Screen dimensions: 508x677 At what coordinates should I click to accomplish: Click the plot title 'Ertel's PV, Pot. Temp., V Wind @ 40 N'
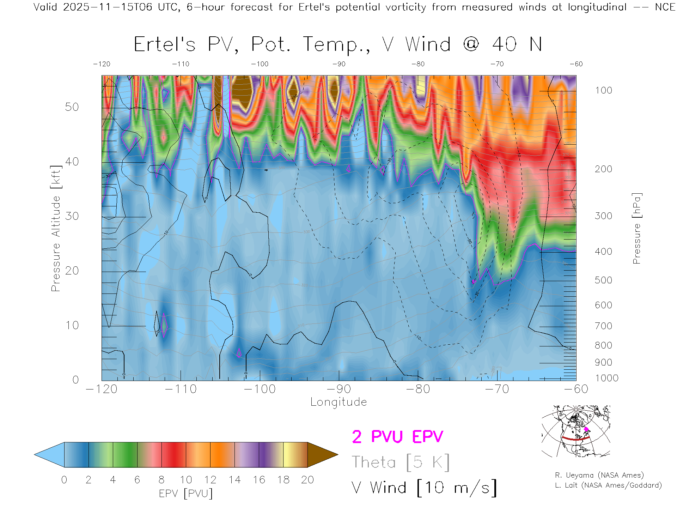338,45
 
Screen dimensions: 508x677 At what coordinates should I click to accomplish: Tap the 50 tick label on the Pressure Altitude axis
72,107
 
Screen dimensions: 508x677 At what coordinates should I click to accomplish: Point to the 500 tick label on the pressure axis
603,280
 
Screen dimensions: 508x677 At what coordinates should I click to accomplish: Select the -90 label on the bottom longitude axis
339,389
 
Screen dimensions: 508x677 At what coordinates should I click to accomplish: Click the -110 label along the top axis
181,64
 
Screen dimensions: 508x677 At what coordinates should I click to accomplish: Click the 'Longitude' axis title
338,402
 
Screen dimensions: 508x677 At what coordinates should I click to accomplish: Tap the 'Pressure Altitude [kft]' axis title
56,228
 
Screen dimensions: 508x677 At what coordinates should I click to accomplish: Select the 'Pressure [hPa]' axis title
636,228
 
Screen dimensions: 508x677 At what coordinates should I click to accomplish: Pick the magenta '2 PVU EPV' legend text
397,437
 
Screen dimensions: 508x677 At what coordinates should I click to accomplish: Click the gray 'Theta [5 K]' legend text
401,462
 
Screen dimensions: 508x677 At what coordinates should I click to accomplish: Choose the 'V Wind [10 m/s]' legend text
424,488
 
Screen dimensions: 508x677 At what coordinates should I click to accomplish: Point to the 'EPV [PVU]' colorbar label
186,494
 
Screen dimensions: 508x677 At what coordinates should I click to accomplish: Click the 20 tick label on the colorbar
307,480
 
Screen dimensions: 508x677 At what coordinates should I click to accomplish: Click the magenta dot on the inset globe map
586,429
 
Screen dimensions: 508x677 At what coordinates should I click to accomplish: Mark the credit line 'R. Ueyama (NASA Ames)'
599,475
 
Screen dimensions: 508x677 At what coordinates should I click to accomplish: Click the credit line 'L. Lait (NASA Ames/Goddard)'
608,485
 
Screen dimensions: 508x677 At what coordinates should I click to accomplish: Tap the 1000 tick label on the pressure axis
606,378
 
